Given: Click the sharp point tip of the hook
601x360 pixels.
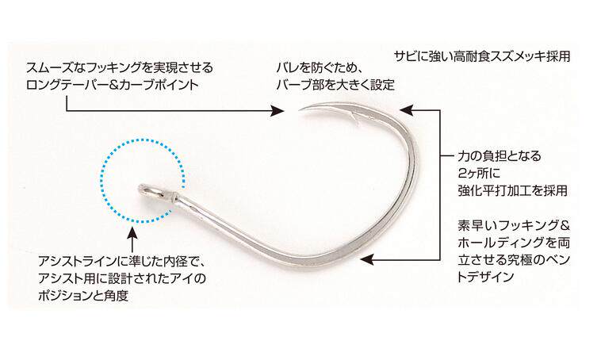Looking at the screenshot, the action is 300,111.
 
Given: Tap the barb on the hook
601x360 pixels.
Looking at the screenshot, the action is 355,118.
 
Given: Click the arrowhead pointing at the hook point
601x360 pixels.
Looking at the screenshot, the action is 278,111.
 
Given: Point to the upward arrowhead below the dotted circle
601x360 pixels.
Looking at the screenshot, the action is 132,232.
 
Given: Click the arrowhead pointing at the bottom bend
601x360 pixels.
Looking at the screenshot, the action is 367,259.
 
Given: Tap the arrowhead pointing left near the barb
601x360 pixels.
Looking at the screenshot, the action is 406,110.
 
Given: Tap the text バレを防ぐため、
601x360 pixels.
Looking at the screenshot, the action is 320,68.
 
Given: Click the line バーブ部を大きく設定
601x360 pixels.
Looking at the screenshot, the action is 335,84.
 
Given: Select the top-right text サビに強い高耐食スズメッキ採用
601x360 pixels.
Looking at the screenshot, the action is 482,56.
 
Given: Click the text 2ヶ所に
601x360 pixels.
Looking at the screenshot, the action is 479,174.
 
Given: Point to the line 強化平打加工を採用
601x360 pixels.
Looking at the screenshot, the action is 512,190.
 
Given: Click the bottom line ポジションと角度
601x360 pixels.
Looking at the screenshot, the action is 82,296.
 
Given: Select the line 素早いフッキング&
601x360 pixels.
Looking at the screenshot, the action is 514,225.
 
